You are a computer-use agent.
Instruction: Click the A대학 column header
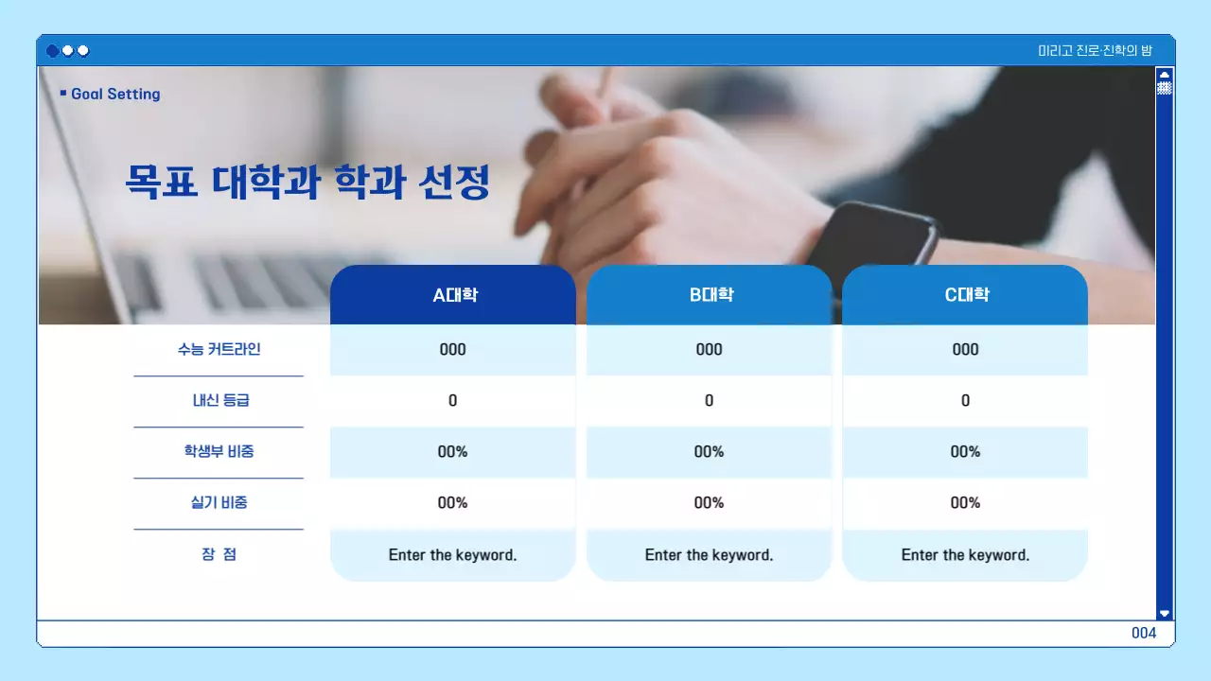click(x=453, y=295)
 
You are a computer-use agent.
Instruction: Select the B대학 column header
click(x=710, y=295)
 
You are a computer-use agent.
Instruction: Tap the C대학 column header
click(x=965, y=295)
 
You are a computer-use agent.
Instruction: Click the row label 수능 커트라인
click(x=219, y=349)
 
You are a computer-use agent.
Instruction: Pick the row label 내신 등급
click(x=219, y=400)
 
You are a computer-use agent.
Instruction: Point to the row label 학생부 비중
click(x=219, y=451)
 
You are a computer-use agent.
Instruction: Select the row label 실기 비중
click(x=219, y=502)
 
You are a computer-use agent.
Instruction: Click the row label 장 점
click(x=219, y=554)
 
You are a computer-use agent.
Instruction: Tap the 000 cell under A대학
click(x=453, y=349)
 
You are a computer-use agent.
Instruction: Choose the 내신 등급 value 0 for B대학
click(x=710, y=400)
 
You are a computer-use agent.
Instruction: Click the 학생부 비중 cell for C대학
click(x=965, y=451)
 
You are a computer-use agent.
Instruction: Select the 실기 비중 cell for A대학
click(x=453, y=502)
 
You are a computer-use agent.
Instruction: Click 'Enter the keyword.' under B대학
click(x=710, y=555)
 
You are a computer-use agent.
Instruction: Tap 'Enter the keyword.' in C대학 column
click(x=965, y=555)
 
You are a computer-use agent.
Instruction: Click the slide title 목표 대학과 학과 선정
click(x=307, y=182)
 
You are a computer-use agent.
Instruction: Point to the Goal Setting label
click(x=114, y=94)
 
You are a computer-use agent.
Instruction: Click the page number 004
click(x=1144, y=634)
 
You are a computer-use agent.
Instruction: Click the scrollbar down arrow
click(x=1165, y=613)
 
